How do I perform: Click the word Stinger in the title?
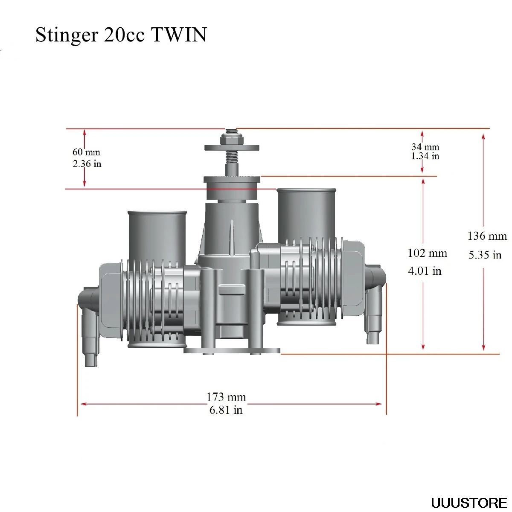(x=67, y=35)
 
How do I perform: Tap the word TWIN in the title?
(x=179, y=35)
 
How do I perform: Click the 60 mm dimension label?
(x=86, y=152)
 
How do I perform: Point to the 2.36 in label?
(x=87, y=164)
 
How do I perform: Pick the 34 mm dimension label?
(x=425, y=147)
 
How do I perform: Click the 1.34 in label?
(x=425, y=156)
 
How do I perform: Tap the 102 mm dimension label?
(x=427, y=253)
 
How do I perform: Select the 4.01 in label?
(x=425, y=271)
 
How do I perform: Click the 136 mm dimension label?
(x=487, y=236)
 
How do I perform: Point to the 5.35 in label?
(x=485, y=255)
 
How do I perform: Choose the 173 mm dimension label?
(x=226, y=397)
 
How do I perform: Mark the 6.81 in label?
(x=226, y=410)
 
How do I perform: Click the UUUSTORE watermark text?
(x=468, y=503)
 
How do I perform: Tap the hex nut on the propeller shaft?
(x=232, y=140)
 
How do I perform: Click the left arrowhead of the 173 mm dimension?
(x=83, y=403)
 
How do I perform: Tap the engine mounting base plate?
(x=232, y=351)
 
